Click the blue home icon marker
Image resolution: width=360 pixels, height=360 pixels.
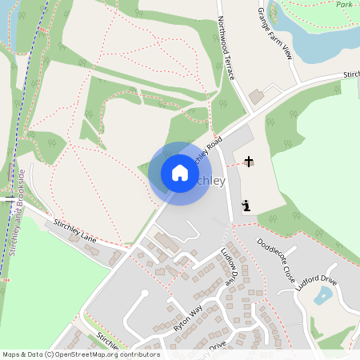[179, 173]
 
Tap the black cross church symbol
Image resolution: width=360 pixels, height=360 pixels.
[249, 162]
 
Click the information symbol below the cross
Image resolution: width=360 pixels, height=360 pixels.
[246, 206]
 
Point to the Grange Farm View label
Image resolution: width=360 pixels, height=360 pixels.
[275, 35]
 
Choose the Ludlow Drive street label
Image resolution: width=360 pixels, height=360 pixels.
[231, 267]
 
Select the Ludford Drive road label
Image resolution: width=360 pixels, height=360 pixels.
[318, 286]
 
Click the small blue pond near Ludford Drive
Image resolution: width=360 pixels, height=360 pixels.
[323, 297]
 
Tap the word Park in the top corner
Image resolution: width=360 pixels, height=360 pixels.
[344, 5]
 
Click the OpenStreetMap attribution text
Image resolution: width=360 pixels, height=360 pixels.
[80, 354]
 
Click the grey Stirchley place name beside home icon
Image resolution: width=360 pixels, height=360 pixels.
[210, 181]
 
